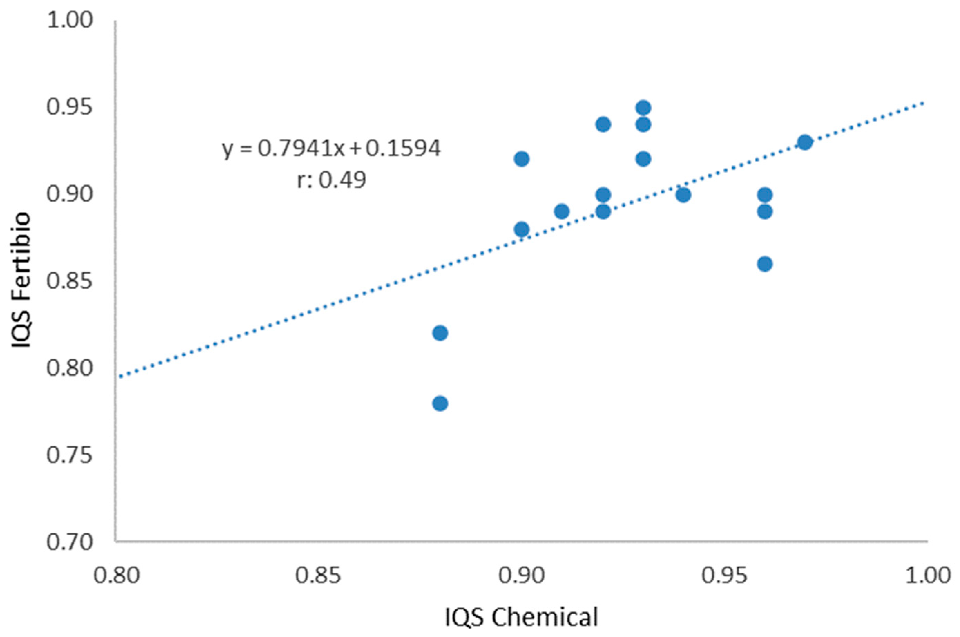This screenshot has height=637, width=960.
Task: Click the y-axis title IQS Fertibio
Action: pyautogui.click(x=21, y=280)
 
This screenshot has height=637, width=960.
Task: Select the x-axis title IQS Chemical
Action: pyautogui.click(x=521, y=617)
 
